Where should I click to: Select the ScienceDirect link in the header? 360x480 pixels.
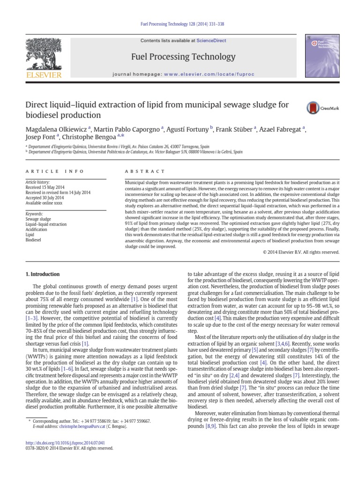pos(211,41)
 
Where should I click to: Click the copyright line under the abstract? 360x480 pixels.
pos(301,252)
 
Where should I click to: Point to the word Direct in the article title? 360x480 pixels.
pos(37,105)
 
